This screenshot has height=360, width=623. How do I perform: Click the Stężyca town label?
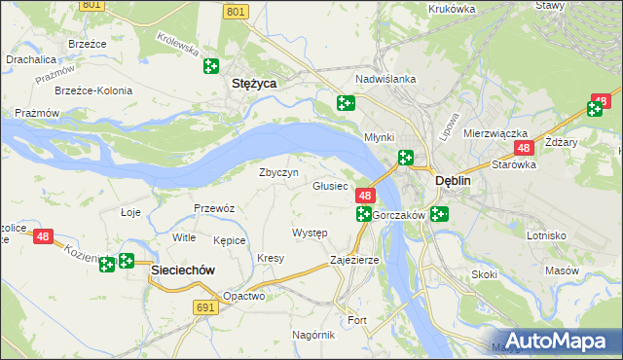coord(253,84)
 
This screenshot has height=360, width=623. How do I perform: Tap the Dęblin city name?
coord(453,180)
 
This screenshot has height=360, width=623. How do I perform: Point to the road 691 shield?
coord(203,306)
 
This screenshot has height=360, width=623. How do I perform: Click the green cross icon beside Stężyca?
coord(211,66)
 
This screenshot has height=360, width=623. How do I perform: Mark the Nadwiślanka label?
coord(386,79)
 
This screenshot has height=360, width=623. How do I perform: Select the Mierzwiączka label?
coord(495,132)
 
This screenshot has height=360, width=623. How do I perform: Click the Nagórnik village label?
coord(313,334)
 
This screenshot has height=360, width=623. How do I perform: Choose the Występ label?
coord(310,234)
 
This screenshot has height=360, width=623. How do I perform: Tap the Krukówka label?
coord(452,9)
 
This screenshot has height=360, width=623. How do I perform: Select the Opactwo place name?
coord(243,296)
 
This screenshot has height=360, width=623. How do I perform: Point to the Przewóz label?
coord(214,207)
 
